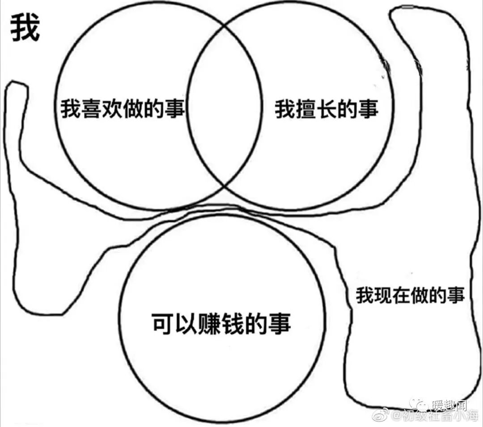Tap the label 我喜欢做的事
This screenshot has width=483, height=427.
[123, 109]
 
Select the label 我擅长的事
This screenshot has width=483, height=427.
[326, 109]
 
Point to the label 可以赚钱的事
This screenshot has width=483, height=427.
[221, 323]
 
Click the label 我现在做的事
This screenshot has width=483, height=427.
[410, 296]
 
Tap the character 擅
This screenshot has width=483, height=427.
[305, 109]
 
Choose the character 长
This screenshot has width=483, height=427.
[326, 109]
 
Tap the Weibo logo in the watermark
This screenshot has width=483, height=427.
[382, 416]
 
